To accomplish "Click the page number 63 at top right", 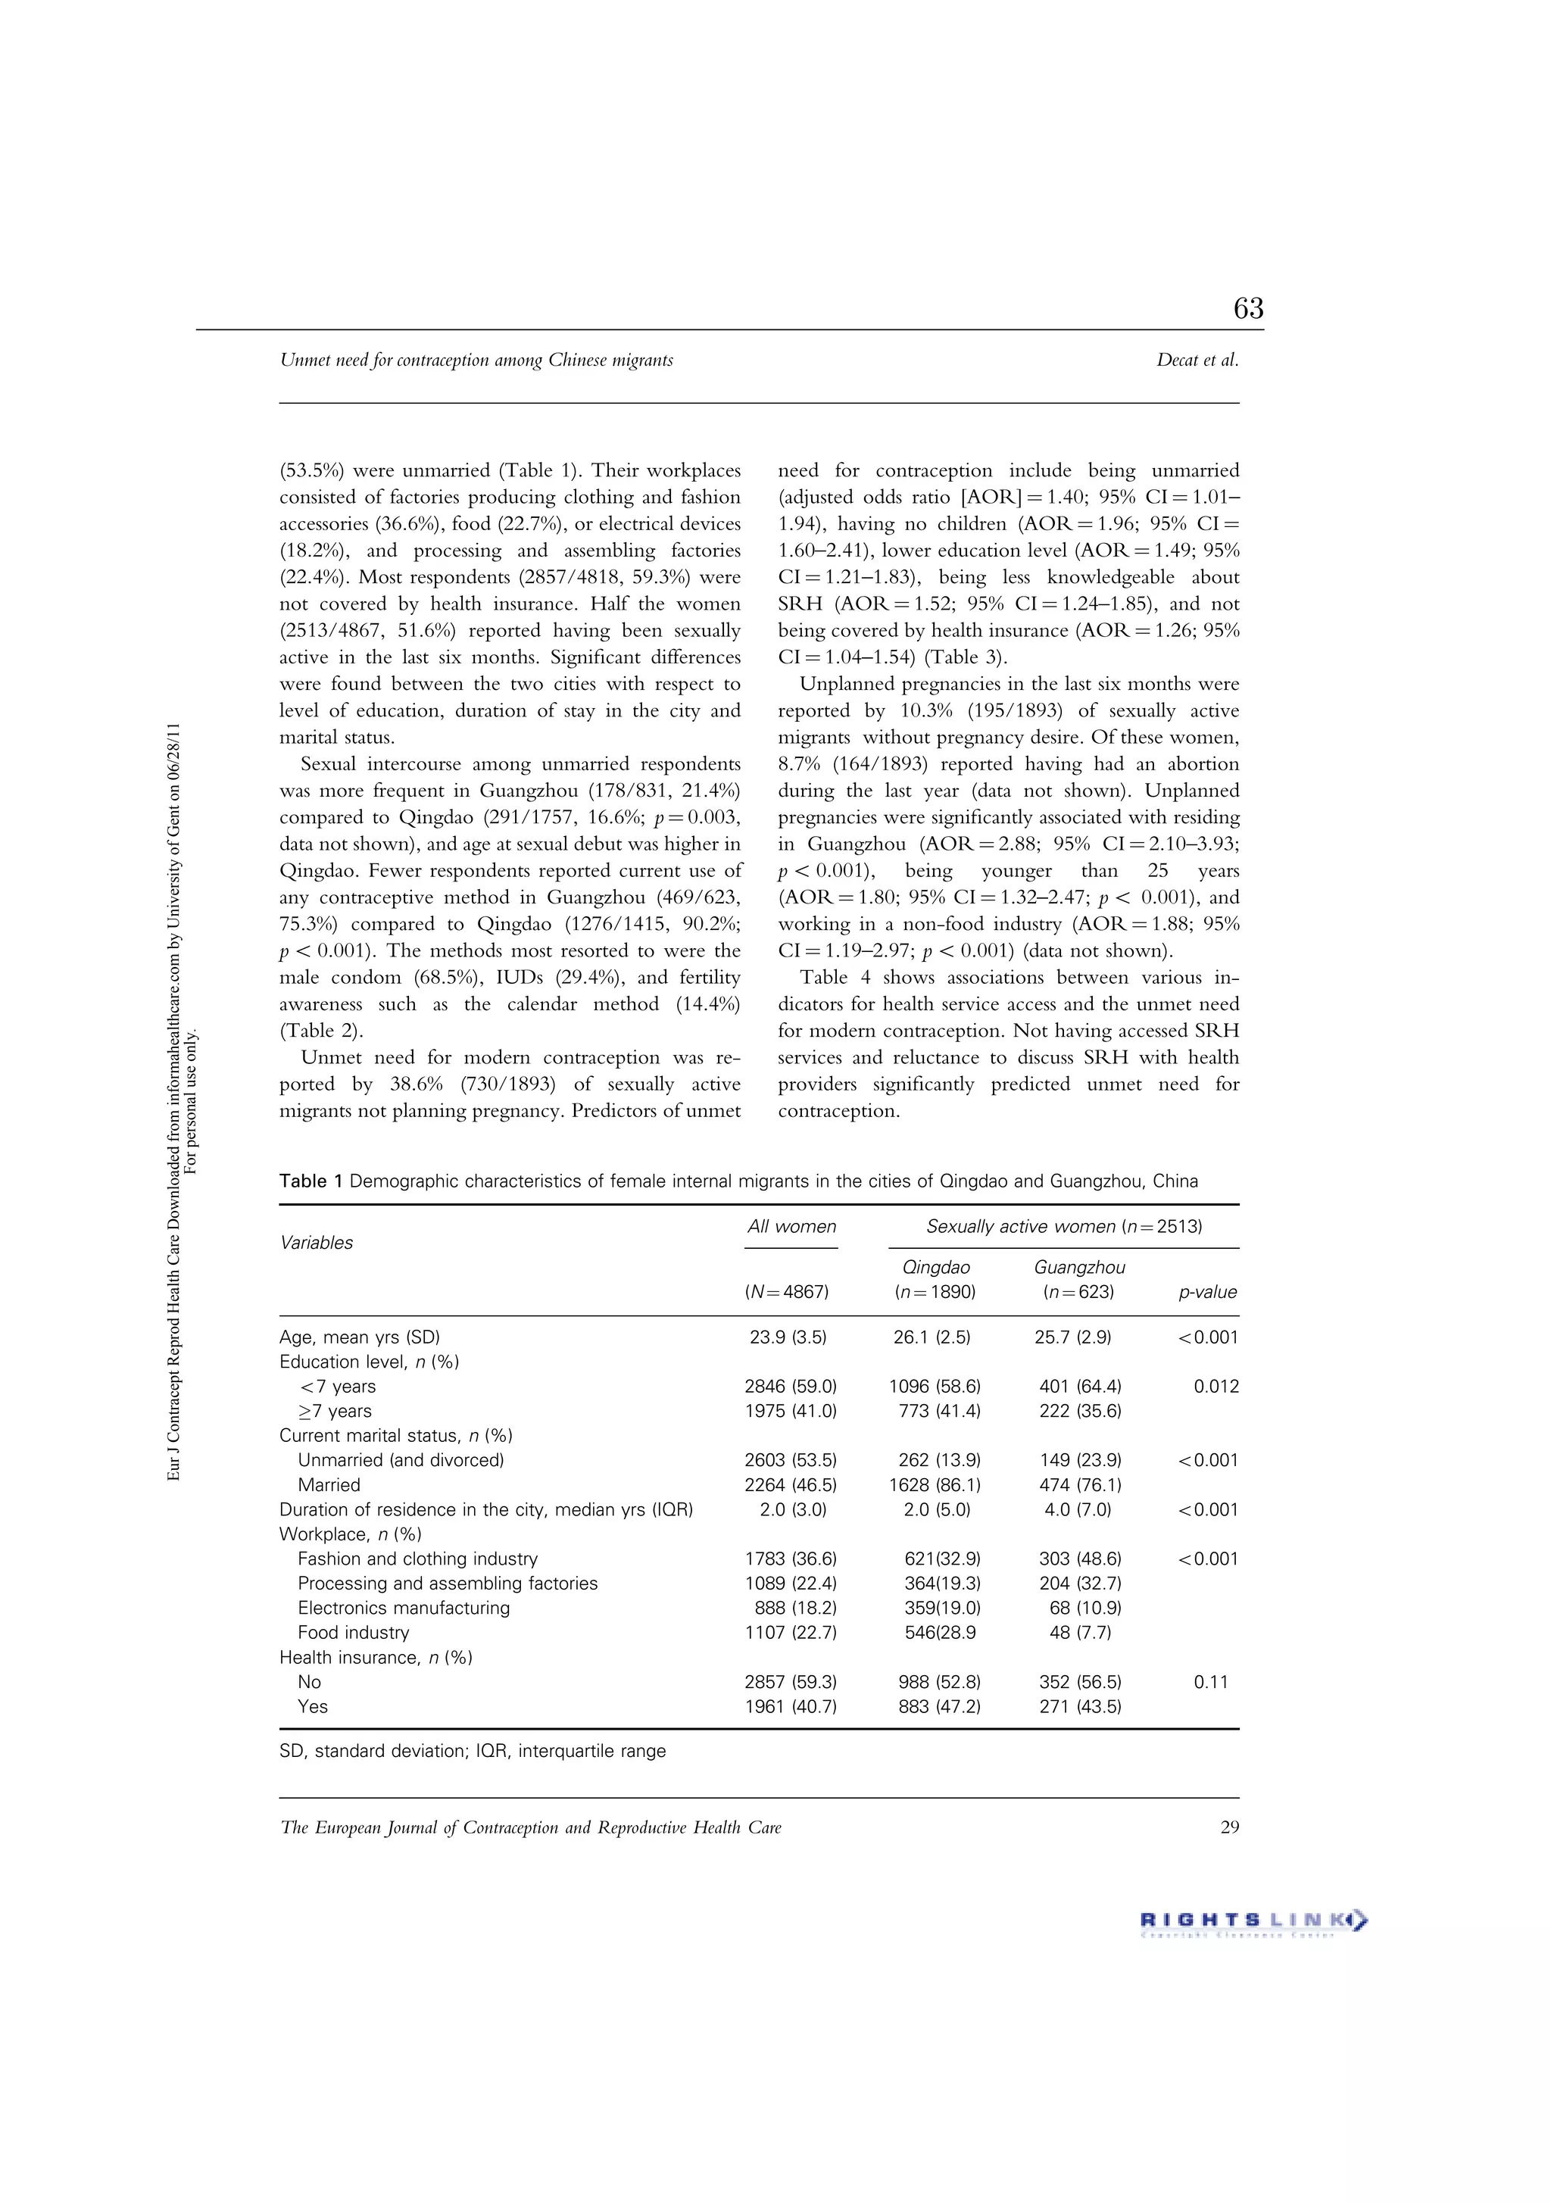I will point(1248,308).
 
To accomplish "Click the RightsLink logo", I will point(1253,1921).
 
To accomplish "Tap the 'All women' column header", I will point(791,1226).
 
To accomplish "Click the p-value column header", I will point(1207,1291).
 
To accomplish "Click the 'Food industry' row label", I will point(353,1632).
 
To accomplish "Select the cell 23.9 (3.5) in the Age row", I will point(788,1337).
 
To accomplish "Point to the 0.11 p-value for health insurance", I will point(1210,1681).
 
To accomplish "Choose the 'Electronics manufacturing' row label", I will point(403,1607).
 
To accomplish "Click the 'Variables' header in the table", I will point(316,1243).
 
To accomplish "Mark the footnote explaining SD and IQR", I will point(473,1750).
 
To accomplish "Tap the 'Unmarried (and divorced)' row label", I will point(400,1459).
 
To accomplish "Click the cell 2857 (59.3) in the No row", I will point(790,1681).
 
